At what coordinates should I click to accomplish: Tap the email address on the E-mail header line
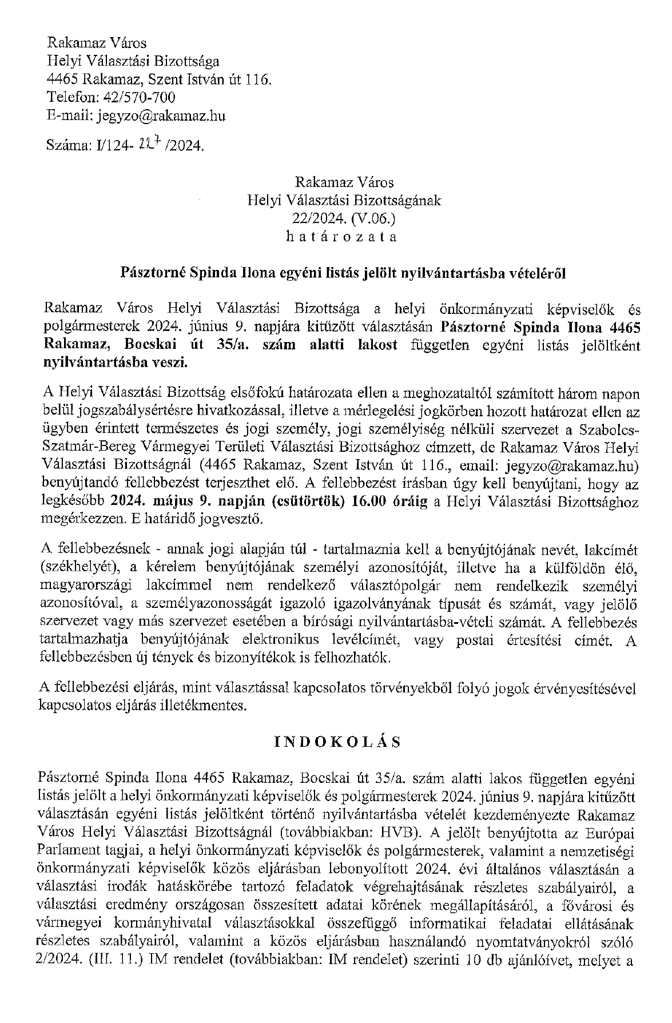[161, 116]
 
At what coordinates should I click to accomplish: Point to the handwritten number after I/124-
[149, 145]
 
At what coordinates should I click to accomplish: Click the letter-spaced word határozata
[341, 236]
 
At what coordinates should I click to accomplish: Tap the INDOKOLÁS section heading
[337, 742]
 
